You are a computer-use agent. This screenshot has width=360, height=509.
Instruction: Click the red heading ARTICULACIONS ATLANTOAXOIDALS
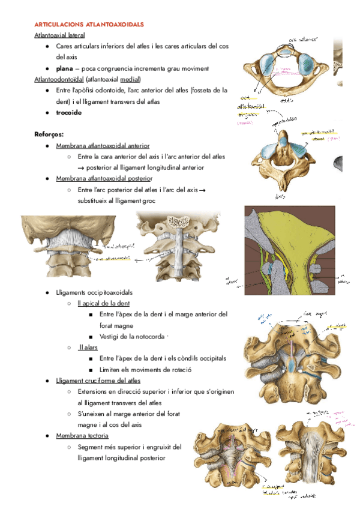coord(89,25)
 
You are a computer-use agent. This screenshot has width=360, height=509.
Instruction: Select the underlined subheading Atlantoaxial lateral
coord(59,35)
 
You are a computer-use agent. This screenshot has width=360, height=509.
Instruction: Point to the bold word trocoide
coord(69,112)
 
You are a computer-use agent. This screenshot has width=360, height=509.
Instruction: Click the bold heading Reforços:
coord(49,134)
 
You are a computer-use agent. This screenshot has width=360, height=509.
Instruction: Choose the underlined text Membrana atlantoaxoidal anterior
coord(103,146)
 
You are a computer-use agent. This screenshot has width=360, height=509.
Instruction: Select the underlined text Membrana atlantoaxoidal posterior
coord(104,179)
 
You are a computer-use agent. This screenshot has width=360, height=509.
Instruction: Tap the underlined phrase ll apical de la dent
coord(104,303)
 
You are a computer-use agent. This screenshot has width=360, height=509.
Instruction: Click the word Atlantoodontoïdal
coord(59,79)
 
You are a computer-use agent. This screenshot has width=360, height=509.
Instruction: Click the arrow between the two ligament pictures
coord(145,259)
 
